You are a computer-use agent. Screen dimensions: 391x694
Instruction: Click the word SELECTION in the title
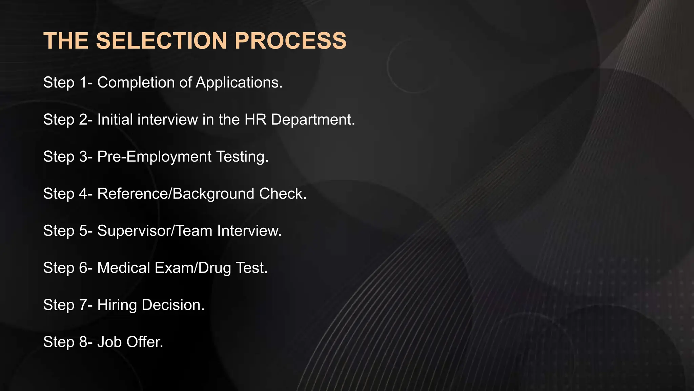161,41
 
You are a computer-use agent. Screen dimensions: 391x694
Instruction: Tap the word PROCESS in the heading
290,41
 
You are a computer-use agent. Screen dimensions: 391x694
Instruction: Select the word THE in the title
66,41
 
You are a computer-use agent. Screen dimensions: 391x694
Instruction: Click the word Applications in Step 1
239,82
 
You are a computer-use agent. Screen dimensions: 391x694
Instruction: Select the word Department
313,119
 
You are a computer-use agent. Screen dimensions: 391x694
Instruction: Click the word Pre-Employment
155,156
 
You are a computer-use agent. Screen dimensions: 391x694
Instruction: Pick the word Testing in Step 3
242,156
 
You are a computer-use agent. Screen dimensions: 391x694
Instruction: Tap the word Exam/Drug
193,268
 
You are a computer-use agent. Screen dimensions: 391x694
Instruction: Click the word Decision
173,305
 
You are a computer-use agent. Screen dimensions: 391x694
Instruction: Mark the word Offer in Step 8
145,342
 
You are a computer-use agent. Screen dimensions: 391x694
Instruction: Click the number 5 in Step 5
83,231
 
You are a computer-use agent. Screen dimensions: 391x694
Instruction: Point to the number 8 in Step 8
83,342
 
